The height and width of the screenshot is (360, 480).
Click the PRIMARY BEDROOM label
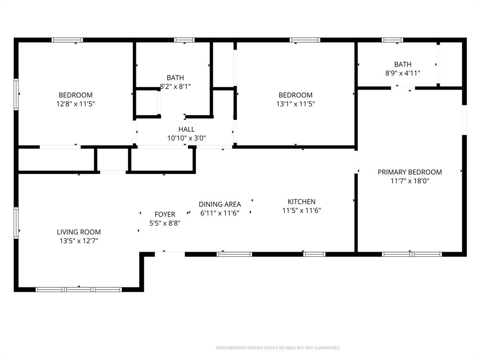410,172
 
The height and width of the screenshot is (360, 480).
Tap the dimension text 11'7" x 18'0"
410,181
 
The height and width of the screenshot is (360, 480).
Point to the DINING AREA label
220,204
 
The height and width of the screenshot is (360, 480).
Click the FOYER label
165,214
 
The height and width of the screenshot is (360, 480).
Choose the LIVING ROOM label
79,232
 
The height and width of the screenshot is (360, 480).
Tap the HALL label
187,129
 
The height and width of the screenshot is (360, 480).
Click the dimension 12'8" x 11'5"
75,104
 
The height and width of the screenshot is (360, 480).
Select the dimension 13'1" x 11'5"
295,104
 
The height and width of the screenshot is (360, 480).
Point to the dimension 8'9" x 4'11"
403,73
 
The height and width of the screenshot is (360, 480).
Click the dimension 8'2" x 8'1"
175,86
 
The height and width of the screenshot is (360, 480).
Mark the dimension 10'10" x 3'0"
187,138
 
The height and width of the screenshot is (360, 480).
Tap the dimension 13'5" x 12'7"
79,240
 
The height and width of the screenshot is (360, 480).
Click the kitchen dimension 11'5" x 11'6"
301,210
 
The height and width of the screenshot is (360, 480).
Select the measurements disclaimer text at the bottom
278,348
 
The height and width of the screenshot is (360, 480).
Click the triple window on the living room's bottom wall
79,289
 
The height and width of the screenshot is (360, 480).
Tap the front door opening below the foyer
170,254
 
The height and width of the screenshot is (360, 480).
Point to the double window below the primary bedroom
412,254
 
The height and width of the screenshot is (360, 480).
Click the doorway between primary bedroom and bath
403,87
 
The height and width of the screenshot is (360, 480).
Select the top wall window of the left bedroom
67,40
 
